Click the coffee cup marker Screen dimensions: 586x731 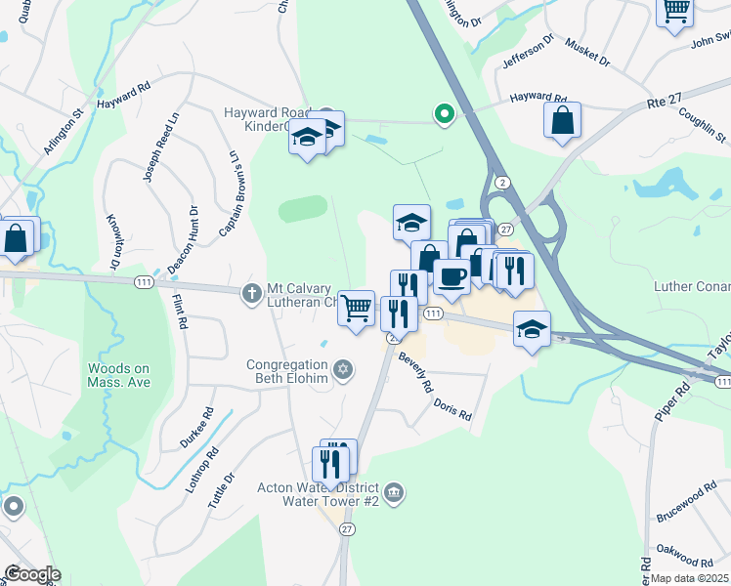(x=451, y=277)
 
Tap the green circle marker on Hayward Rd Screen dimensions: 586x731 (x=445, y=115)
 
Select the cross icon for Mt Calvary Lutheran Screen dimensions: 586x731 (x=251, y=290)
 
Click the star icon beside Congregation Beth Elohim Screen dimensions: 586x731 (x=341, y=369)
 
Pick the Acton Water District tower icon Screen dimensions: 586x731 (x=393, y=490)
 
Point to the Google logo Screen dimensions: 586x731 (x=31, y=574)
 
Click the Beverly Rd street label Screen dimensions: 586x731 (x=415, y=372)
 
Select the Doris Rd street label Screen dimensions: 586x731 (x=452, y=408)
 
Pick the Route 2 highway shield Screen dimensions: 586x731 (x=502, y=182)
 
